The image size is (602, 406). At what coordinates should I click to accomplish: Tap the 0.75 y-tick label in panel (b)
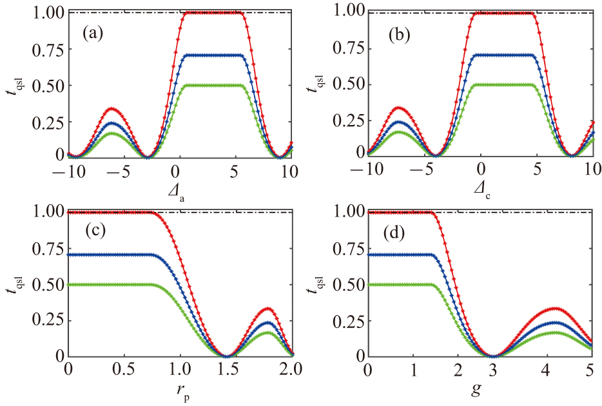tap(346, 49)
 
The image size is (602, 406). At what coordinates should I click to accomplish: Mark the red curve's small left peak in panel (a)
tap(113, 108)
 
